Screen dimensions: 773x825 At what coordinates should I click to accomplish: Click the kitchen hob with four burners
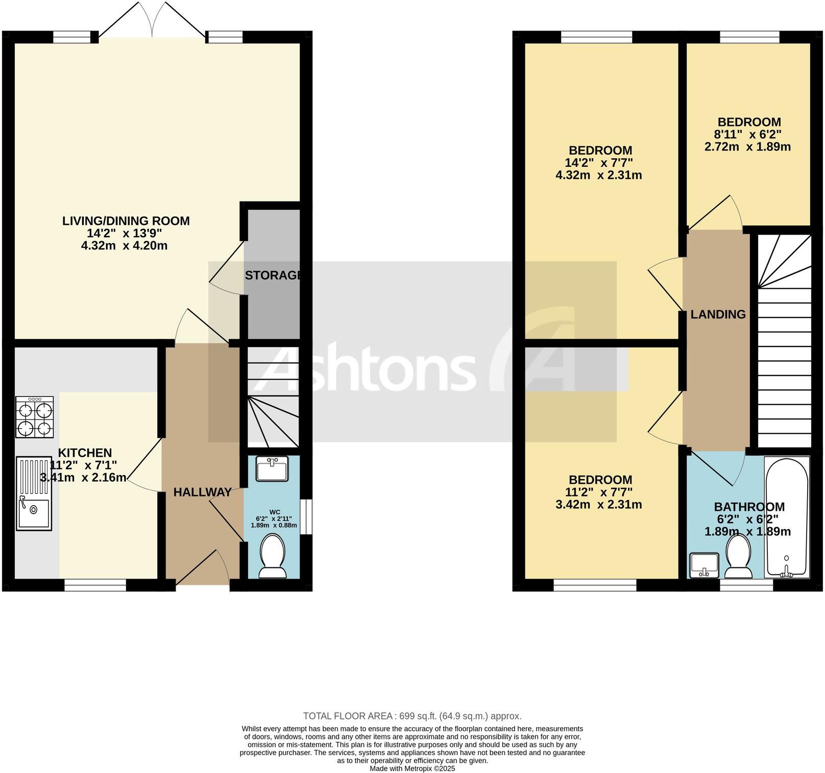click(35, 417)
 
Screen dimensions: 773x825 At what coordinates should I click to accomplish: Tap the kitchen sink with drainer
click(34, 493)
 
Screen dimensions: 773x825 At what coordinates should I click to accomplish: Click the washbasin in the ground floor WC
click(272, 468)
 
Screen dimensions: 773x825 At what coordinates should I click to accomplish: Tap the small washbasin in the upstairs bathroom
click(703, 565)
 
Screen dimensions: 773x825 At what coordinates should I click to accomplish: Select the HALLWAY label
click(203, 492)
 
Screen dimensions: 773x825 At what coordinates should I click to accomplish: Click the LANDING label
click(718, 314)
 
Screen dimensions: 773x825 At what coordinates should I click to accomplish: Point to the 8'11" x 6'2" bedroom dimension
click(749, 135)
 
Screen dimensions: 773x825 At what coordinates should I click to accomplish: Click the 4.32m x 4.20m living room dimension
click(125, 245)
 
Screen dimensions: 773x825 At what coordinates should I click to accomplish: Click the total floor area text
click(412, 716)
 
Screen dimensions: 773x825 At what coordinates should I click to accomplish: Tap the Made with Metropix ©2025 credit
click(412, 768)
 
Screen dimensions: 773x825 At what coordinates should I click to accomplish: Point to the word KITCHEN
click(85, 453)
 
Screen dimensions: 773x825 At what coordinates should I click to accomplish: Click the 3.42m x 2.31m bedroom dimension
click(598, 505)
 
